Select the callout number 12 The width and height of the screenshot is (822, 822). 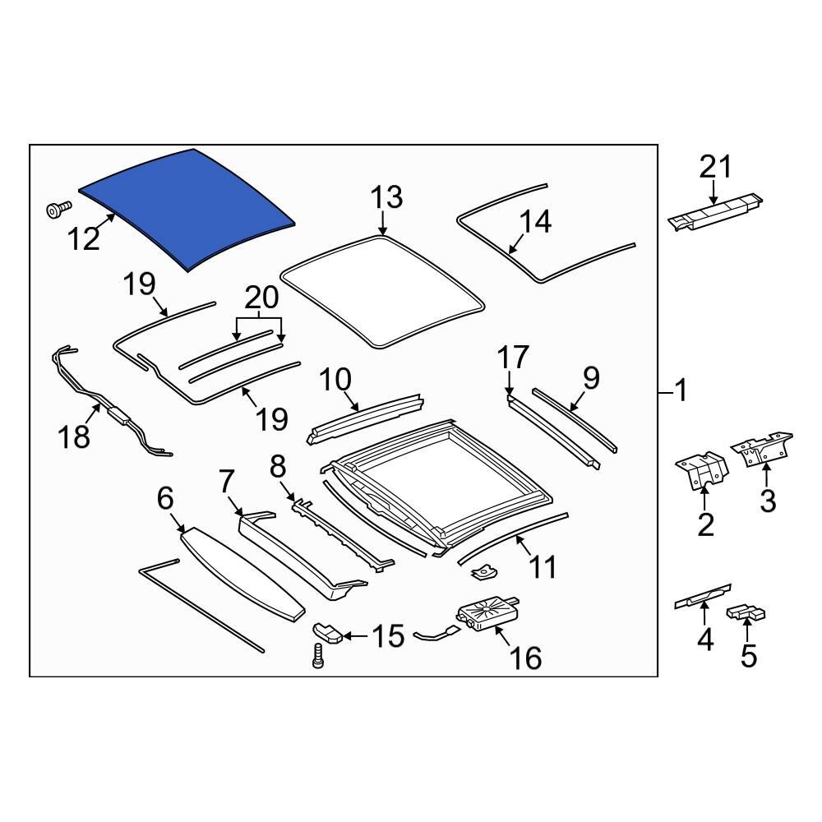click(84, 239)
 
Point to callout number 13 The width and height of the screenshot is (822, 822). click(386, 198)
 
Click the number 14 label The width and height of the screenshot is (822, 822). click(534, 221)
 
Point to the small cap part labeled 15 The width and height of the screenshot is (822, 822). click(328, 632)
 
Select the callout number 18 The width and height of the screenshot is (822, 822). click(75, 436)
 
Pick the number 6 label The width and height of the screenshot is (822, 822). click(164, 497)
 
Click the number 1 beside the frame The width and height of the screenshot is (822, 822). click(680, 391)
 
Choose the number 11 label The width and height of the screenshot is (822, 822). click(543, 566)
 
